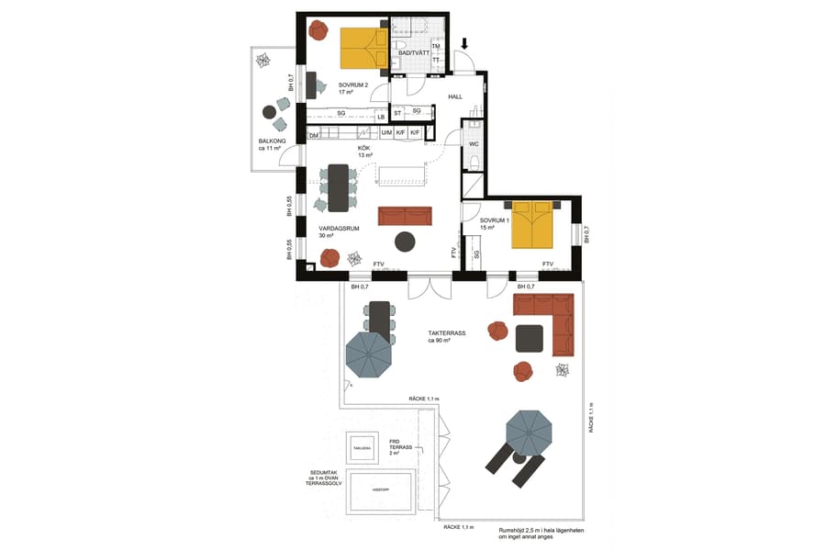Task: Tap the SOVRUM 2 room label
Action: tap(352, 85)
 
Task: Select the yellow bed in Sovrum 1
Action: tap(532, 227)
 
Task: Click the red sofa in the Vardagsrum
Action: tap(405, 216)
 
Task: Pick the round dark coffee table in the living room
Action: tap(405, 242)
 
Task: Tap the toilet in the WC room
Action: tap(474, 163)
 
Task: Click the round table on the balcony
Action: tap(269, 112)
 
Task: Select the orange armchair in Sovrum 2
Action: tap(318, 30)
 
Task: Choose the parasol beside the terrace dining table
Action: tap(369, 355)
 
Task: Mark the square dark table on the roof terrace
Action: tap(530, 338)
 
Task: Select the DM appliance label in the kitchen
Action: tap(313, 136)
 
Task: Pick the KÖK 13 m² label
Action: tap(364, 152)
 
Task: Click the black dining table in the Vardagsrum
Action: tap(339, 186)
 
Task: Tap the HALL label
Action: tap(454, 96)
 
